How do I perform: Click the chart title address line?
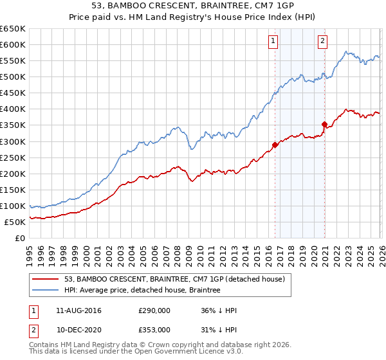pyautogui.click(x=192, y=7)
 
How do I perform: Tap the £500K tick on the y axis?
pyautogui.click(x=13, y=77)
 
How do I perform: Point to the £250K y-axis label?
pyautogui.click(x=13, y=157)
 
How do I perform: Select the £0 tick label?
pyautogui.click(x=19, y=239)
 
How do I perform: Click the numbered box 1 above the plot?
pyautogui.click(x=273, y=41)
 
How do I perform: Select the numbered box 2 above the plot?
pyautogui.click(x=322, y=41)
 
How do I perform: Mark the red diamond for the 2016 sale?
pyautogui.click(x=275, y=145)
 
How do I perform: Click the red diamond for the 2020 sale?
pyautogui.click(x=324, y=124)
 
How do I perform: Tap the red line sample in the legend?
pyautogui.click(x=46, y=279)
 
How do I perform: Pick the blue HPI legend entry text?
pyautogui.click(x=142, y=291)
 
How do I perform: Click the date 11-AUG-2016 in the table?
pyautogui.click(x=78, y=310)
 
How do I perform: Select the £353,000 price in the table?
pyautogui.click(x=154, y=329)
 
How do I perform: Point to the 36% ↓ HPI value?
pyautogui.click(x=219, y=310)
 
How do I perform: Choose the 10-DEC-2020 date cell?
pyautogui.click(x=78, y=329)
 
